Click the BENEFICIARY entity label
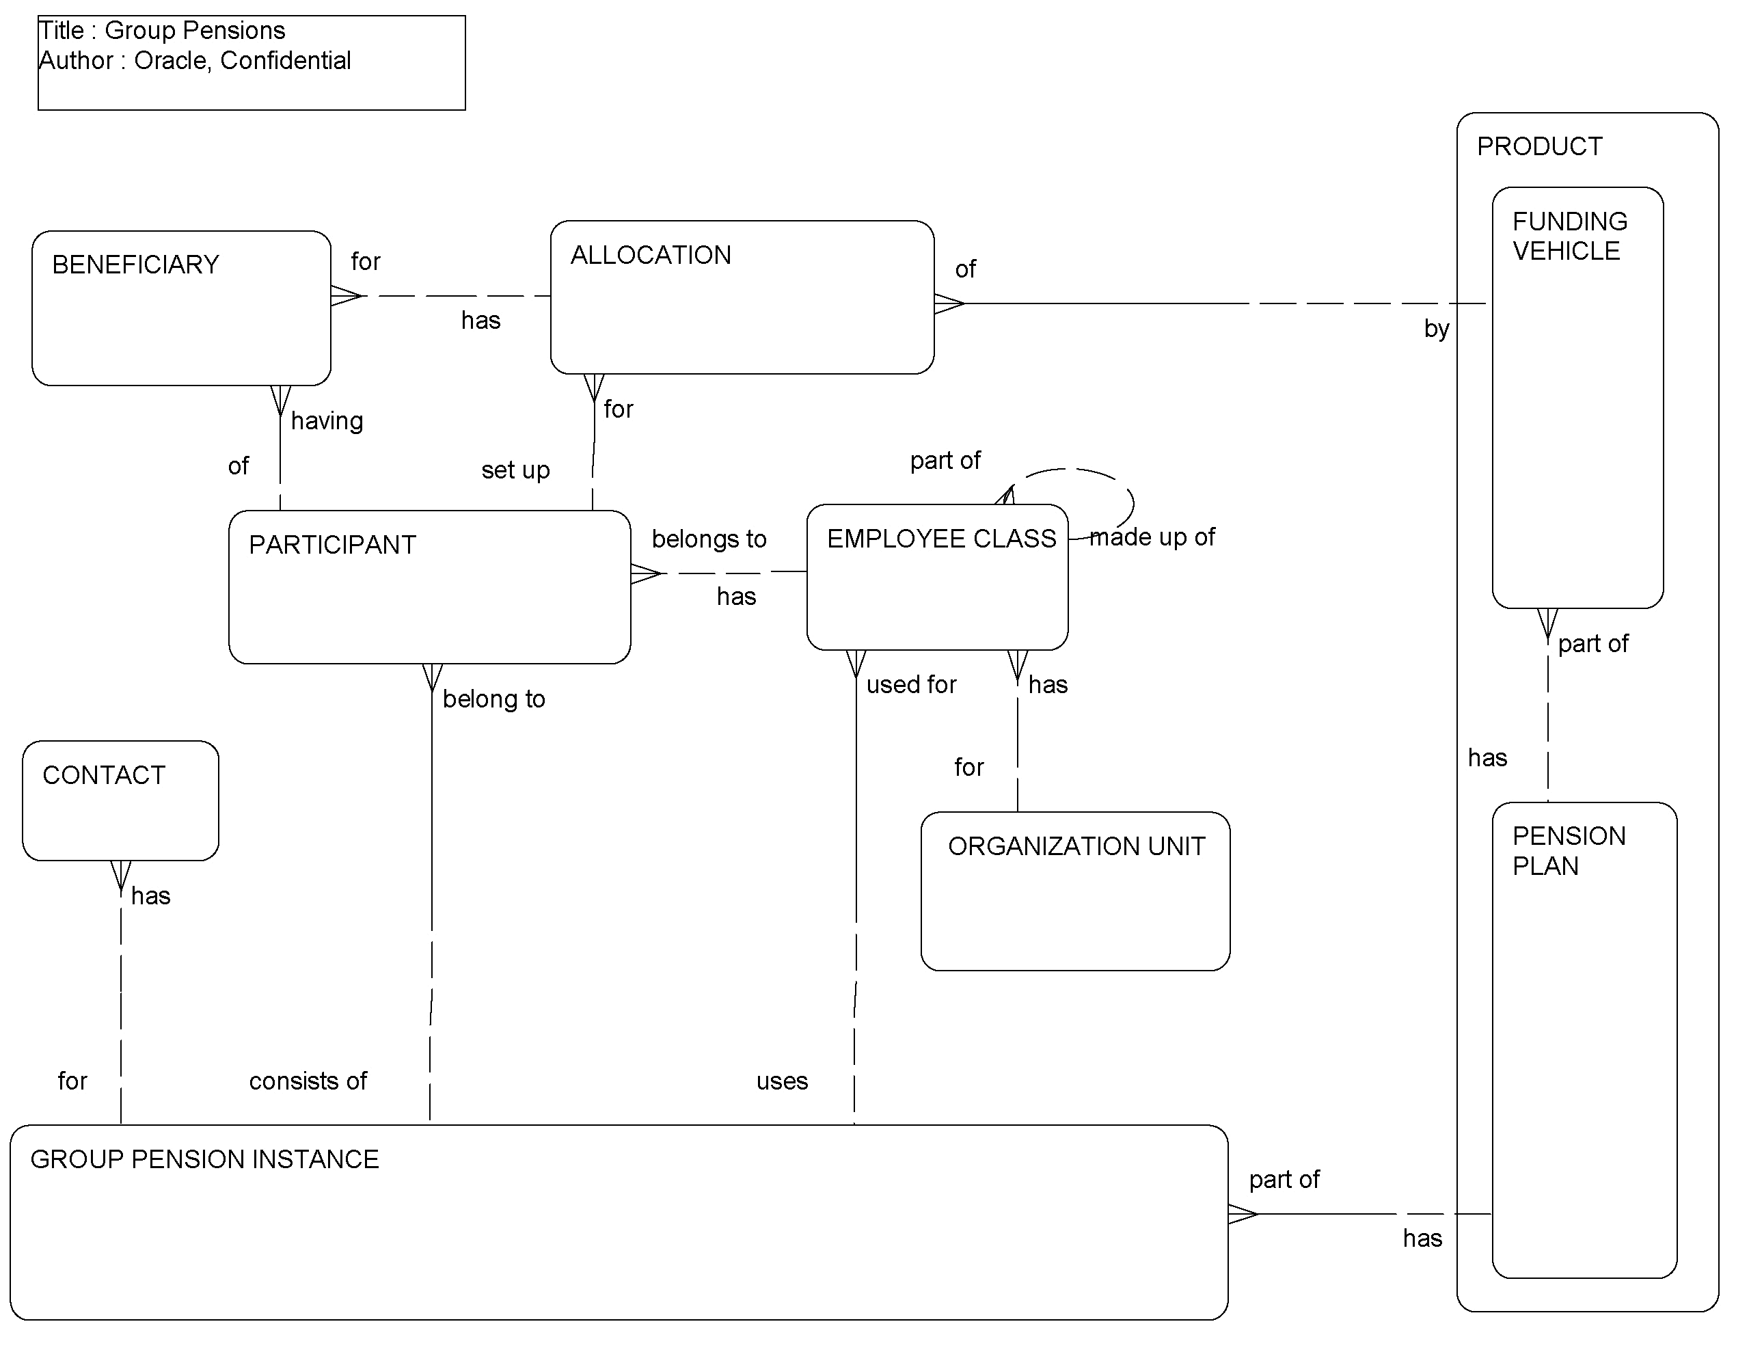pyautogui.click(x=135, y=265)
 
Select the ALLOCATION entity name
pyautogui.click(x=650, y=256)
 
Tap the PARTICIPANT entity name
pyautogui.click(x=332, y=545)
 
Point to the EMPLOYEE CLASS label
pyautogui.click(x=941, y=539)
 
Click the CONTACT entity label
pyautogui.click(x=103, y=775)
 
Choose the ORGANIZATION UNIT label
pyautogui.click(x=1076, y=847)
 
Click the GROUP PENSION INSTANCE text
pyautogui.click(x=204, y=1160)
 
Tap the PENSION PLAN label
pyautogui.click(x=1568, y=851)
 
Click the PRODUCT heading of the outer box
pyautogui.click(x=1539, y=146)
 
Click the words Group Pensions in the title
pyautogui.click(x=195, y=31)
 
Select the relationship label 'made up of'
pyautogui.click(x=1152, y=537)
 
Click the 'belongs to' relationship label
pyautogui.click(x=709, y=539)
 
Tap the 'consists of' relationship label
pyautogui.click(x=308, y=1081)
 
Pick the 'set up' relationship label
pyautogui.click(x=515, y=470)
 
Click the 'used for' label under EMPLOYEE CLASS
pyautogui.click(x=910, y=685)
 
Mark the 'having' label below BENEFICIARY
pyautogui.click(x=327, y=421)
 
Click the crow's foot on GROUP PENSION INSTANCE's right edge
pyautogui.click(x=1242, y=1215)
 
